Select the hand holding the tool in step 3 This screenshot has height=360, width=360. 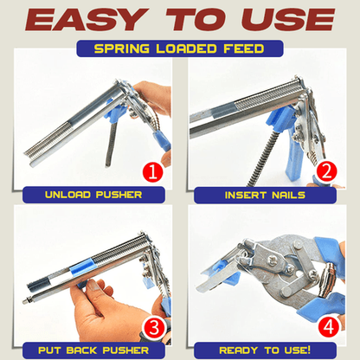click(x=104, y=307)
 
